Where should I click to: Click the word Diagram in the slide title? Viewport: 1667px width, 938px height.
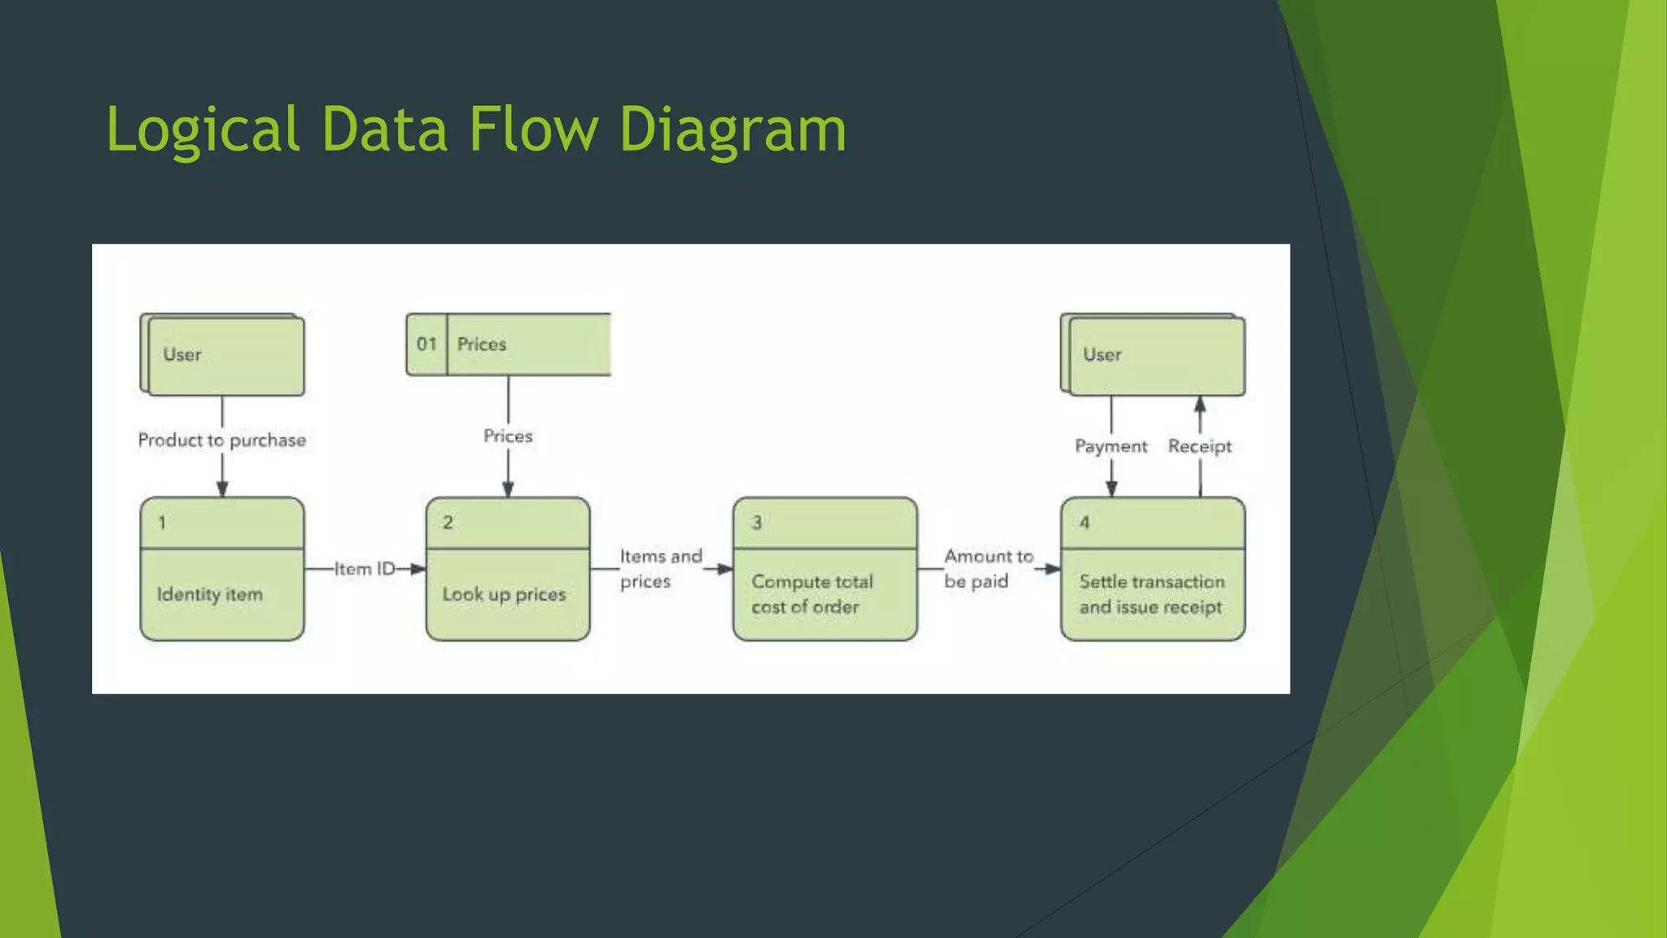click(733, 130)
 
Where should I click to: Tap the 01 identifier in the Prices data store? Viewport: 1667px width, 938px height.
click(427, 344)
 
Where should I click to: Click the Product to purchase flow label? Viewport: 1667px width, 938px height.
click(222, 441)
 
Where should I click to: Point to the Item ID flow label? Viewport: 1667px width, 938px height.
click(365, 569)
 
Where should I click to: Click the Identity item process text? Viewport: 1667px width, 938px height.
click(210, 594)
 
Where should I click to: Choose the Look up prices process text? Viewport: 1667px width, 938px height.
click(504, 594)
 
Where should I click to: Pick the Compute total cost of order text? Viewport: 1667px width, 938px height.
click(812, 594)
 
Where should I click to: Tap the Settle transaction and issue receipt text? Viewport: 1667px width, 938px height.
click(1152, 594)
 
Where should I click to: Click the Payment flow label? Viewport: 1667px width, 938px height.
click(1111, 446)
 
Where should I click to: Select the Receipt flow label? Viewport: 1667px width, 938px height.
click(1200, 446)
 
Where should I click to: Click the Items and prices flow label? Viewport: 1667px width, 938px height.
click(660, 568)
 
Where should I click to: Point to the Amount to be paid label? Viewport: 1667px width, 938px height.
click(987, 568)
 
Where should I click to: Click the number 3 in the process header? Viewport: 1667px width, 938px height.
click(757, 523)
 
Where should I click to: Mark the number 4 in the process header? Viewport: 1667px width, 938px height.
click(1084, 523)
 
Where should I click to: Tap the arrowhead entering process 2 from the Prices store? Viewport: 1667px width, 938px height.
click(508, 489)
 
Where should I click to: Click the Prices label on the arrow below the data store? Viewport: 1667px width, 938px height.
click(508, 436)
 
